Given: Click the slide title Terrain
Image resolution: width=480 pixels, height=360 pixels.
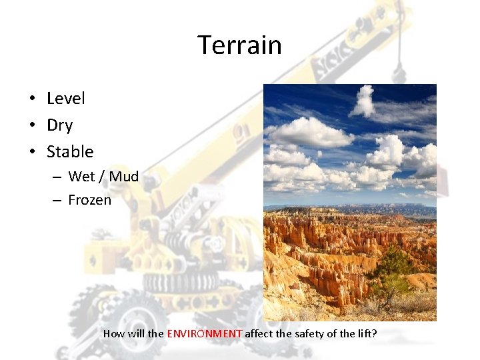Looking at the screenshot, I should [x=239, y=45].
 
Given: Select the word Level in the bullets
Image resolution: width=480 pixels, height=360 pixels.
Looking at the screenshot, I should [x=66, y=99].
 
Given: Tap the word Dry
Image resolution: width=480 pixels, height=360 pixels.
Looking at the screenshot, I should [x=59, y=125].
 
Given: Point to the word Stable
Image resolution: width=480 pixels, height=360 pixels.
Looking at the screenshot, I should [x=70, y=152].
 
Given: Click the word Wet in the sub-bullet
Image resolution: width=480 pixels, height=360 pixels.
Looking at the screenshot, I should [x=81, y=177].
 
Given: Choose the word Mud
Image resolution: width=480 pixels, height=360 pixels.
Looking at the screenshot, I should [x=123, y=177].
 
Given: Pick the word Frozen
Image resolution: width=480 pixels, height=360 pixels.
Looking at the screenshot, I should [x=90, y=200].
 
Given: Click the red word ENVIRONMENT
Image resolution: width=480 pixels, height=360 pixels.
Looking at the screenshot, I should [x=205, y=333].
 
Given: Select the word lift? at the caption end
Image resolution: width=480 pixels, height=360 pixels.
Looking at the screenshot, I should [x=365, y=333].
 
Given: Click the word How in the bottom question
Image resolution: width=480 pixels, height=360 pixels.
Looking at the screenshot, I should [x=114, y=333].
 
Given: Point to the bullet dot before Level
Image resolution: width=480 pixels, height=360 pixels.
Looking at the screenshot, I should [x=32, y=99].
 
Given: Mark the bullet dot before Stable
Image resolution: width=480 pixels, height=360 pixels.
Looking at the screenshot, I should [x=32, y=153].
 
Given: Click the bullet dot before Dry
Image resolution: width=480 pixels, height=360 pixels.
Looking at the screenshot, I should [x=32, y=126].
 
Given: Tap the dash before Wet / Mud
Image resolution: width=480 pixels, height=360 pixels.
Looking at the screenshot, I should [x=57, y=177].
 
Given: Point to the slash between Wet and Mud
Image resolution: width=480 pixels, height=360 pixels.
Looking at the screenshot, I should [x=102, y=177].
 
